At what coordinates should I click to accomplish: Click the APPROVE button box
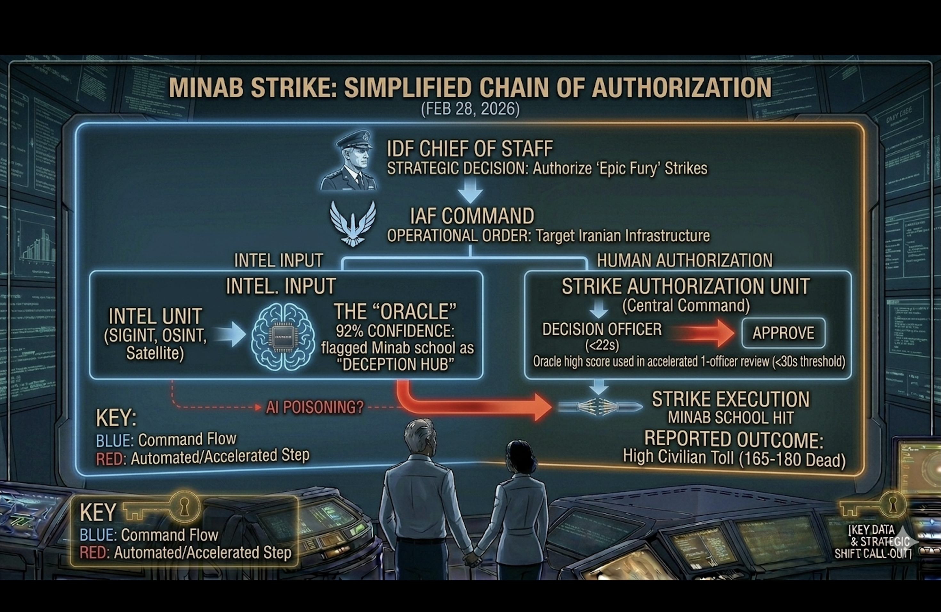(783, 333)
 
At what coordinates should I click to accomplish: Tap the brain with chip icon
(283, 336)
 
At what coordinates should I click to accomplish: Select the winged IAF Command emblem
(353, 223)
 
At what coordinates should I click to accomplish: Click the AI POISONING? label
(314, 407)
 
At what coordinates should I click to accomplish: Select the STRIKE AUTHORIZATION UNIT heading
(686, 286)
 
